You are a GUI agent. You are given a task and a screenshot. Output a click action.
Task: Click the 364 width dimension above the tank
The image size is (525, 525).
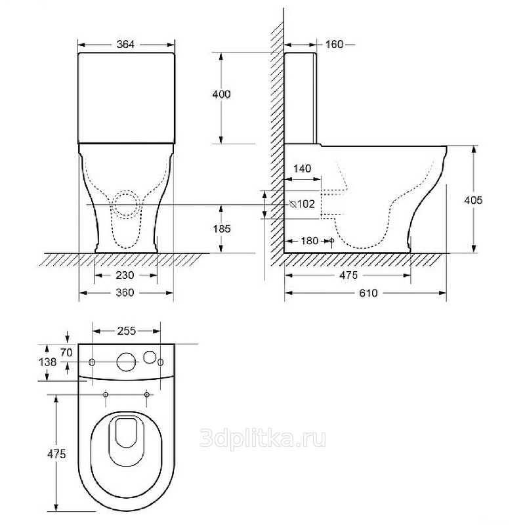(x=125, y=45)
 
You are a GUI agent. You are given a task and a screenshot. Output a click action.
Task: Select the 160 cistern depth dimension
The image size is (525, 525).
(x=334, y=45)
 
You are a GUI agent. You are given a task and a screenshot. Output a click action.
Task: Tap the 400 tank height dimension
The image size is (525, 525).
(x=221, y=94)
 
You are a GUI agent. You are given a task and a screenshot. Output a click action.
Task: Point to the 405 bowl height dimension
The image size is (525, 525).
(x=472, y=200)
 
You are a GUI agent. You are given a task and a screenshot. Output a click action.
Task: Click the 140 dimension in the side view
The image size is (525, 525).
(x=302, y=169)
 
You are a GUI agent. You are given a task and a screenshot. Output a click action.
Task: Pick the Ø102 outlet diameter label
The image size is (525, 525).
(x=302, y=203)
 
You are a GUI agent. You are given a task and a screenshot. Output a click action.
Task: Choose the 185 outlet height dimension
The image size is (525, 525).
(x=222, y=229)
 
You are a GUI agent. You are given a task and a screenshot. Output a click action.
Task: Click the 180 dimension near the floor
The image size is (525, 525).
(x=309, y=241)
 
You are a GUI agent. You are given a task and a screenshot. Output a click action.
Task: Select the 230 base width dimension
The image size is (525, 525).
(x=125, y=275)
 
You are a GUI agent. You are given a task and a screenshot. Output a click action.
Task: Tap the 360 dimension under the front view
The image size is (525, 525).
(x=125, y=293)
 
